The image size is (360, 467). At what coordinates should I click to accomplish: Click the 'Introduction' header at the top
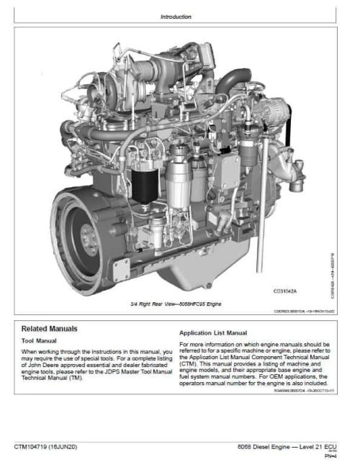[176, 16]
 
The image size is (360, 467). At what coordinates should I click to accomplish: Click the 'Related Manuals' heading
[50, 328]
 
